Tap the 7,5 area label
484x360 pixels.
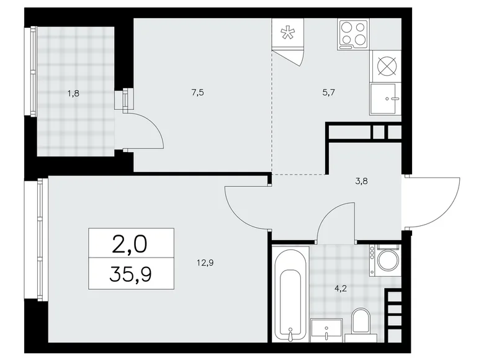[198, 92]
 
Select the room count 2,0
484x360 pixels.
[131, 244]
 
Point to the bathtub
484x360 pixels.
[290, 293]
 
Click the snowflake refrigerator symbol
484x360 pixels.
[288, 34]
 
